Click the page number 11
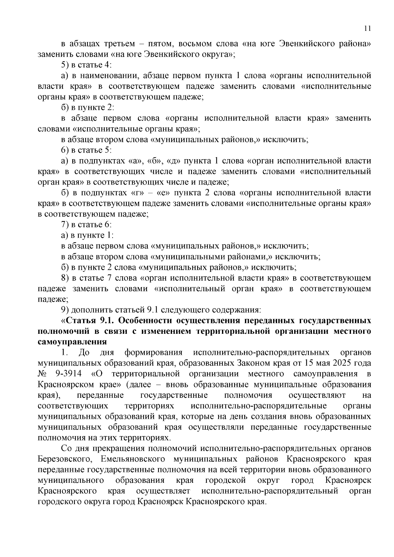[x=368, y=28]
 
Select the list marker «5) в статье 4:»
[x=87, y=65]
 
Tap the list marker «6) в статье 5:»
[x=87, y=150]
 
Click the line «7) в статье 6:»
[x=87, y=225]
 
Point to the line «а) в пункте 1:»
[x=88, y=235]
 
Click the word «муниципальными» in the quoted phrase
[x=185, y=257]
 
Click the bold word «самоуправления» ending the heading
[x=72, y=342]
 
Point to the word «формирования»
[x=153, y=353]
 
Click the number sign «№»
[x=43, y=374]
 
